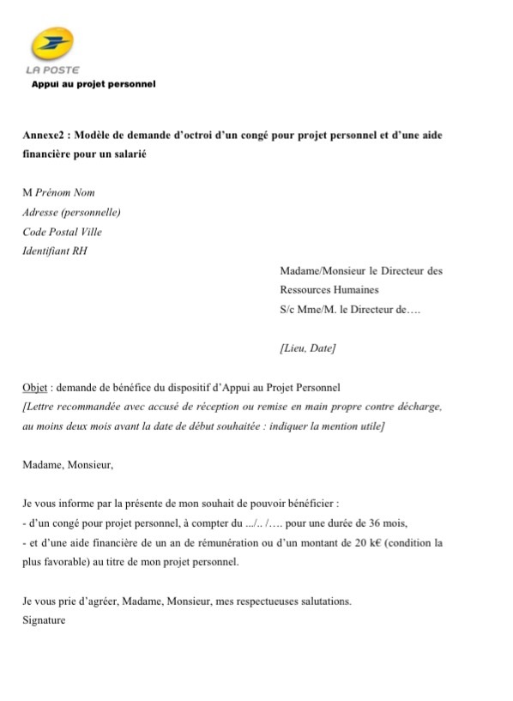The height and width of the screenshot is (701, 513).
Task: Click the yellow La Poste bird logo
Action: point(52,44)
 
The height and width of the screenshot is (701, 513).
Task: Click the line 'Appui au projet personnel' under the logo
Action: point(93,84)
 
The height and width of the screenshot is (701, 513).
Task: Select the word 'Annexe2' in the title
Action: point(42,136)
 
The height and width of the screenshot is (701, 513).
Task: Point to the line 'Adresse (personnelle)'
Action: point(71,212)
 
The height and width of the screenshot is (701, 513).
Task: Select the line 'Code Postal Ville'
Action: point(63,232)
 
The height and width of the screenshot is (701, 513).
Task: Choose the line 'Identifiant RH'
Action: point(55,251)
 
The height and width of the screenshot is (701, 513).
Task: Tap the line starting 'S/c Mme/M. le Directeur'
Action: point(351,310)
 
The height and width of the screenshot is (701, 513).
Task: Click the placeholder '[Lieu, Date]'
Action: point(307,348)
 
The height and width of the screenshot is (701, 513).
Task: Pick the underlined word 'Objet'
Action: point(35,388)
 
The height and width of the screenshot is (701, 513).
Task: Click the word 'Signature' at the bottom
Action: point(44,620)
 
